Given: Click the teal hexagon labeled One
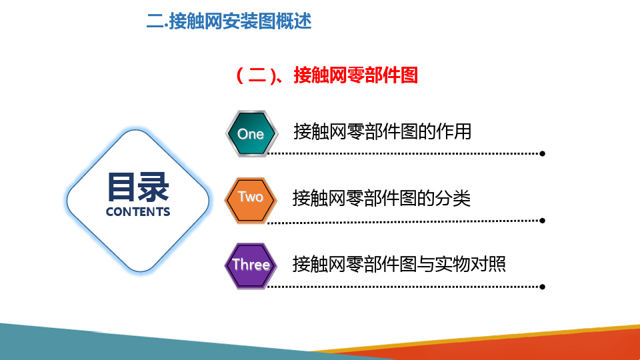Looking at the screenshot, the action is pyautogui.click(x=251, y=133).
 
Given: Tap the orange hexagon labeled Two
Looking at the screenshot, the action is pyautogui.click(x=251, y=201).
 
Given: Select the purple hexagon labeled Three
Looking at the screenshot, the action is pyautogui.click(x=251, y=266).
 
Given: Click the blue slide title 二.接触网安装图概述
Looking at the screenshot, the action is pyautogui.click(x=229, y=21).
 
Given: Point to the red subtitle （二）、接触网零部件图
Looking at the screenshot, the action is pyautogui.click(x=327, y=75).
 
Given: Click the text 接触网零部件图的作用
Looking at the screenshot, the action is pyautogui.click(x=383, y=131).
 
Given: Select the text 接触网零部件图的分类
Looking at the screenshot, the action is pyautogui.click(x=381, y=199).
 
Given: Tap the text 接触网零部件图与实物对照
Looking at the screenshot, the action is pyautogui.click(x=399, y=264).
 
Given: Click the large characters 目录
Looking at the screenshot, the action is pyautogui.click(x=138, y=187).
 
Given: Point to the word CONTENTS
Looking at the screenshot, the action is pyautogui.click(x=138, y=212).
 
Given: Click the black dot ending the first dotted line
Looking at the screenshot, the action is pyautogui.click(x=542, y=154).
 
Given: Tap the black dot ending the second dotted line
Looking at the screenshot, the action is pyautogui.click(x=542, y=221).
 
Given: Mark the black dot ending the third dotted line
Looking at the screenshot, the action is pyautogui.click(x=542, y=287).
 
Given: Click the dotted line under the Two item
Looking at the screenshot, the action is pyautogui.click(x=403, y=222).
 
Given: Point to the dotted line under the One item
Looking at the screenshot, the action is pyautogui.click(x=403, y=154).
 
